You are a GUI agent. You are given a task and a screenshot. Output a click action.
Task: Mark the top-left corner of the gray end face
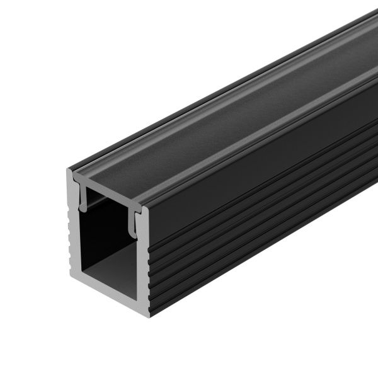point(68,170)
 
